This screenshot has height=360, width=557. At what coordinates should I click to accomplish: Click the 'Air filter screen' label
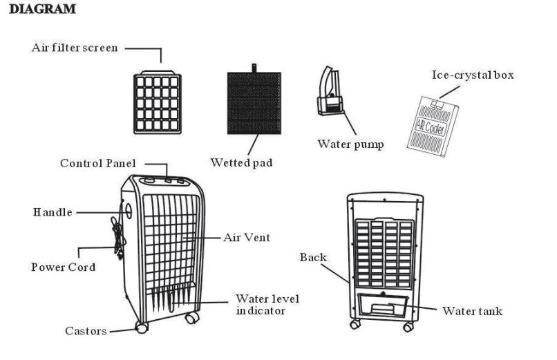click(x=75, y=48)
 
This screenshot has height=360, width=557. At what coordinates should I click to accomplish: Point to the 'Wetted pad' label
click(x=241, y=163)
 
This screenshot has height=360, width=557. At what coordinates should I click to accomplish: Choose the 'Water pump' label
click(x=350, y=144)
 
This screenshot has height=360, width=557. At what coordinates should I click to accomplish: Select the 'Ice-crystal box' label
click(x=473, y=75)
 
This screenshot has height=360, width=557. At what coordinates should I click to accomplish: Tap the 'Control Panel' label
click(x=97, y=164)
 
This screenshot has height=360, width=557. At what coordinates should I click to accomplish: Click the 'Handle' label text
click(x=53, y=212)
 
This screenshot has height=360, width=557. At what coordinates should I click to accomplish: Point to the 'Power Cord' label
click(x=63, y=267)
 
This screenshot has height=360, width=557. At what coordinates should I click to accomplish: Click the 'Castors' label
click(x=86, y=331)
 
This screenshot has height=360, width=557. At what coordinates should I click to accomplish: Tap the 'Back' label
click(x=312, y=258)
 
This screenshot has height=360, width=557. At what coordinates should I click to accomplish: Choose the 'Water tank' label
click(x=472, y=312)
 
